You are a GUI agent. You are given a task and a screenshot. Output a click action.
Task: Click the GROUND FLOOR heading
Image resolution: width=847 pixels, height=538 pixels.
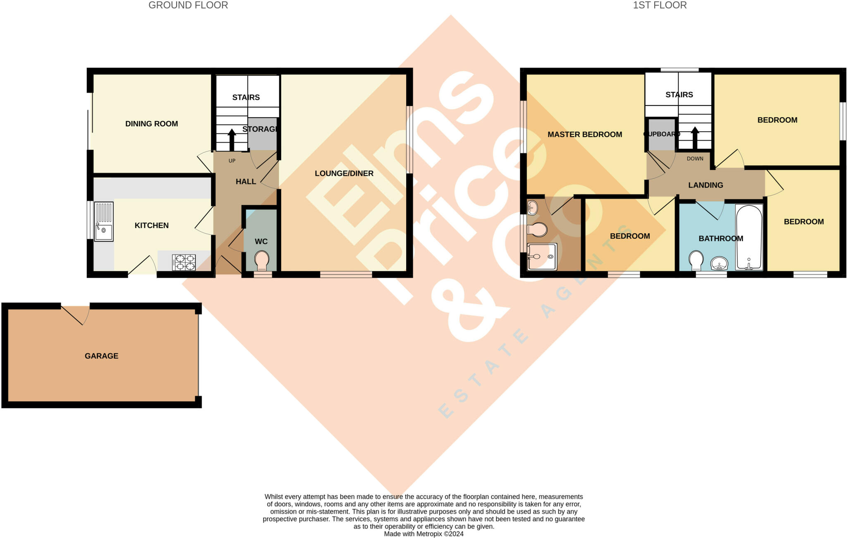tap(188, 5)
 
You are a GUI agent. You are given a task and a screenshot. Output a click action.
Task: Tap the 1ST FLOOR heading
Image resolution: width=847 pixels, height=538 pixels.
tap(660, 5)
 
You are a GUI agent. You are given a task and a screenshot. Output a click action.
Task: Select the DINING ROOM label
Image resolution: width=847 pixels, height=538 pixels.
tap(151, 124)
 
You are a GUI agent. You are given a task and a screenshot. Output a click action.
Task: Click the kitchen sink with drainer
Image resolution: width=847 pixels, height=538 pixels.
tap(103, 221)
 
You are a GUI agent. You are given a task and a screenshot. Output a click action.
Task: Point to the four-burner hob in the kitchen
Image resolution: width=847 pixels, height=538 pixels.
tap(184, 262)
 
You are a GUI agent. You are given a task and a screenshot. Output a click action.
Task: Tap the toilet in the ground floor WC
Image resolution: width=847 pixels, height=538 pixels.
tap(261, 260)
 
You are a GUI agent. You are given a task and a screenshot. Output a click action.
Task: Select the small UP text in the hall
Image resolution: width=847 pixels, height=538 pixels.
tap(232, 161)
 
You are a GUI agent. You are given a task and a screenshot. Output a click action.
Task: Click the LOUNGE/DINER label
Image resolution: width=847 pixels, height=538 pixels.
tap(344, 173)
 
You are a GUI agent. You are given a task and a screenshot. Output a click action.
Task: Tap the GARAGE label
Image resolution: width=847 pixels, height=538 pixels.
tap(101, 356)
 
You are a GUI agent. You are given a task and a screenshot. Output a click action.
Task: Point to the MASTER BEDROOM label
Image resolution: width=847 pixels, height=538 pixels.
tap(584, 134)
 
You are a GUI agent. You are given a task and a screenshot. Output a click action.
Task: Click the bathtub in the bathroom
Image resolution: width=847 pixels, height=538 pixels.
tap(749, 237)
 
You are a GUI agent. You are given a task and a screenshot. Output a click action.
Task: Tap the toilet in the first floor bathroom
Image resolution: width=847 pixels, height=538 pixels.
tap(696, 260)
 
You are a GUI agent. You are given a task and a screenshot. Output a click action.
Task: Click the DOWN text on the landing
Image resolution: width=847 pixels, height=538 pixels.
tap(695, 159)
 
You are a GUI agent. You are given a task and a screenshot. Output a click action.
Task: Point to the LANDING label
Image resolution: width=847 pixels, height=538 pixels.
tap(706, 185)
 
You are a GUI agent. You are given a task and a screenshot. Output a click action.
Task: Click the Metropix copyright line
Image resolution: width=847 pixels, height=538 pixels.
tap(423, 534)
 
